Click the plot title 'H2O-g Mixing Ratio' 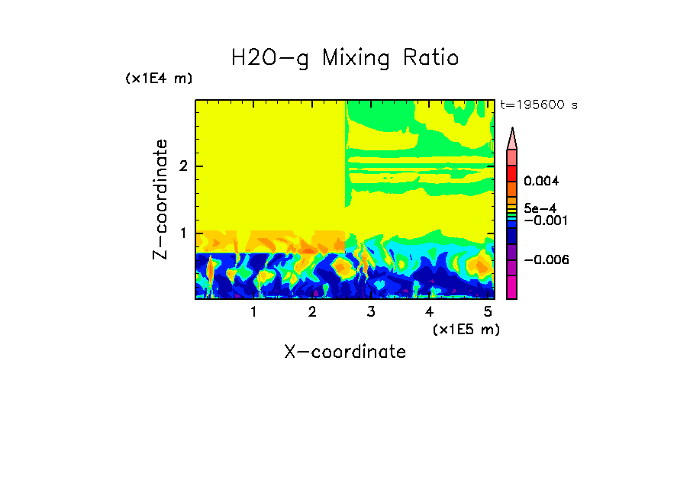tap(345, 58)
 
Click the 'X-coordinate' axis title tap(345, 352)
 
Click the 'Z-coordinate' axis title tap(160, 199)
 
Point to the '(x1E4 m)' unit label tap(159, 79)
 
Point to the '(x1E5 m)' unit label tap(466, 329)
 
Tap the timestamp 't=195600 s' tap(538, 105)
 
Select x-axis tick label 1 tap(253, 312)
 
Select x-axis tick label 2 tap(312, 312)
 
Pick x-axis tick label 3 tap(371, 312)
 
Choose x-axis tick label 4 tap(430, 312)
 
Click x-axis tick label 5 tap(488, 312)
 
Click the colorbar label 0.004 tap(541, 182)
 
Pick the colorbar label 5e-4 tap(540, 208)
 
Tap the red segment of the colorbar tap(511, 173)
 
